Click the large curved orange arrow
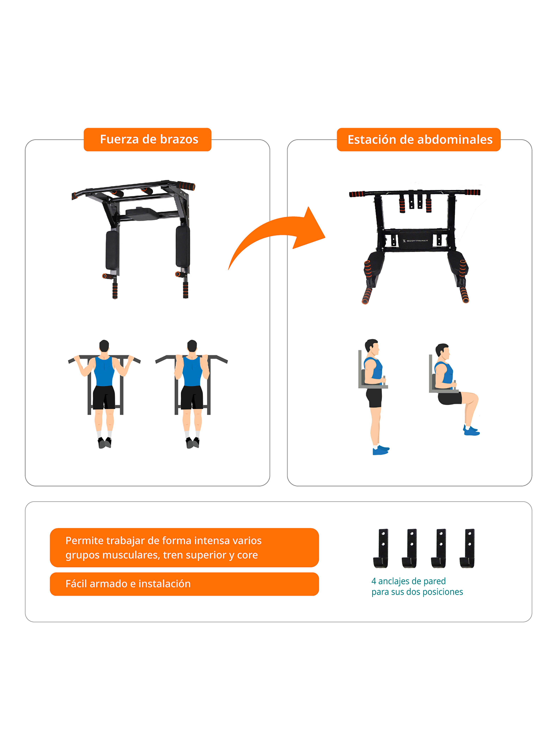click(278, 234)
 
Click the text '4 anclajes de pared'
click(408, 581)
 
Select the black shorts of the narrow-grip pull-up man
click(192, 397)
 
